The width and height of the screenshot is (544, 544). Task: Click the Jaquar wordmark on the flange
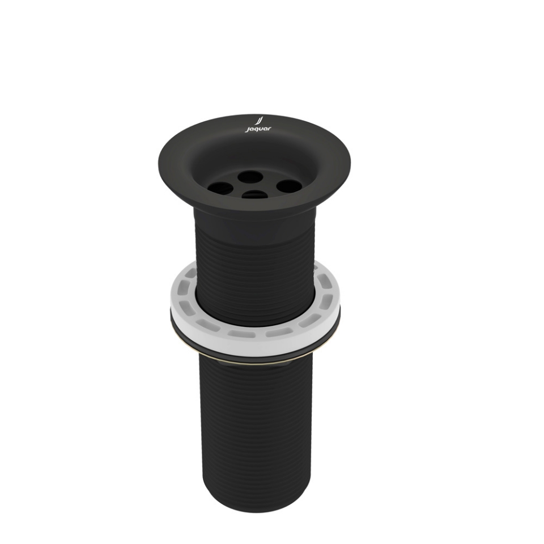coord(258,129)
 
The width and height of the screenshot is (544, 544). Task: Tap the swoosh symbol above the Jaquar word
coord(259,121)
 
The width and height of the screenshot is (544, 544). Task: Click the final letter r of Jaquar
coord(269,129)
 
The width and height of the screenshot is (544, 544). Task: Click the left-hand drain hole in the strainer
coord(218,186)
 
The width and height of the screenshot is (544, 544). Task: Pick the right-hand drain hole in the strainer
coord(288,186)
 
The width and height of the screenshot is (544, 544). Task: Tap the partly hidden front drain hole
coord(254,195)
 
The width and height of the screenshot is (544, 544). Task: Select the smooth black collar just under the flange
coord(254,214)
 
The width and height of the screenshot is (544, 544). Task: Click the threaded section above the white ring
coord(254,255)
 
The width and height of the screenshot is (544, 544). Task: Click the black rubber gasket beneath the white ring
coord(255,348)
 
